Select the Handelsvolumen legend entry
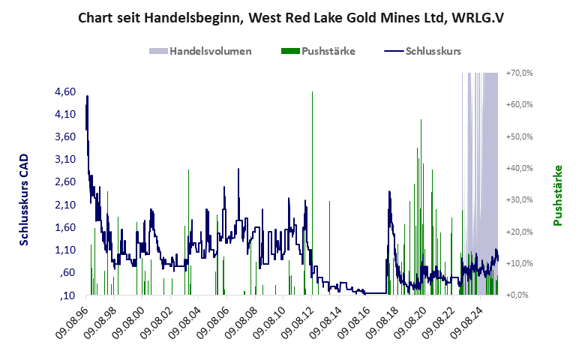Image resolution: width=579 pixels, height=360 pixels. pyautogui.click(x=199, y=51)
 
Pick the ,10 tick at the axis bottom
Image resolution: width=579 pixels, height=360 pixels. pyautogui.click(x=68, y=295)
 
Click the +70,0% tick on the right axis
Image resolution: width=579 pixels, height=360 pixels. pyautogui.click(x=519, y=73)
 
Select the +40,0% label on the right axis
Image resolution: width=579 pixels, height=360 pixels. pyautogui.click(x=519, y=168)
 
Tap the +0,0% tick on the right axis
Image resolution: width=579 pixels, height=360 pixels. pyautogui.click(x=519, y=295)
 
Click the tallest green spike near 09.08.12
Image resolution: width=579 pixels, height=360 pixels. pyautogui.click(x=312, y=92)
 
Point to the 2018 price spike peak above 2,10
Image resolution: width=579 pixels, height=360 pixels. pyautogui.click(x=389, y=192)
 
